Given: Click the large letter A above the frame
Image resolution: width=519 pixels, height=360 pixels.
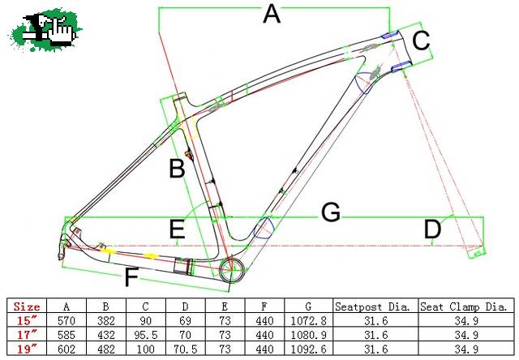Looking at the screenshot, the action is click(x=272, y=15).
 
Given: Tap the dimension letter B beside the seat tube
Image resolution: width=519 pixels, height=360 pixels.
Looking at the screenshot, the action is click(x=177, y=169).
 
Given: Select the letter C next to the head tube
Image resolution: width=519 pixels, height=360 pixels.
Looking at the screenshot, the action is click(x=421, y=41).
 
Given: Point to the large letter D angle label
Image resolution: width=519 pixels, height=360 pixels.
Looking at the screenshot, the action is click(x=432, y=229).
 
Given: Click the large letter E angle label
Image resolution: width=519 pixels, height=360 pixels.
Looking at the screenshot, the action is click(x=177, y=229).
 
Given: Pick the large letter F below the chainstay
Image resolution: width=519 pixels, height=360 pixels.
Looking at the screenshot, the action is click(x=131, y=277).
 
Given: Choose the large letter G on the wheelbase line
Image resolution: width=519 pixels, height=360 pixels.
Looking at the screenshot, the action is click(x=331, y=212).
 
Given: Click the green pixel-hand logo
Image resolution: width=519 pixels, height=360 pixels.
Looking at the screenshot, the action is click(x=45, y=30).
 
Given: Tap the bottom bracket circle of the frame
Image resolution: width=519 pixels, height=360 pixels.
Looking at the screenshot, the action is click(x=233, y=263).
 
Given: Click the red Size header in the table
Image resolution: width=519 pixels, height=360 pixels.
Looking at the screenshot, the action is click(x=27, y=306).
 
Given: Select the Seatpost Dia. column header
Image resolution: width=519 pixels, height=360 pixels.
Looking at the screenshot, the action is click(x=372, y=306).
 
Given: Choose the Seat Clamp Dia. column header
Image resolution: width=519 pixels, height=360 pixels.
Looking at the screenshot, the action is click(x=464, y=306).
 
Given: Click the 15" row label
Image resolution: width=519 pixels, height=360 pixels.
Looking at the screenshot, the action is click(x=28, y=320).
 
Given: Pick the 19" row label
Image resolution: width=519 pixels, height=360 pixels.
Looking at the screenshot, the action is click(x=28, y=349).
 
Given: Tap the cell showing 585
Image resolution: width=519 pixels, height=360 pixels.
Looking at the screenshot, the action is click(x=66, y=335).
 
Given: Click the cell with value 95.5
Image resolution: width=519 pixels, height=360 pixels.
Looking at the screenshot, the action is click(x=146, y=335).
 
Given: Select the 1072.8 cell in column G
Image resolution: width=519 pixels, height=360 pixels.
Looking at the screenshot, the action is click(x=308, y=320).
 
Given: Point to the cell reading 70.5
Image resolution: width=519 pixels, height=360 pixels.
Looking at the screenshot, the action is click(x=186, y=349).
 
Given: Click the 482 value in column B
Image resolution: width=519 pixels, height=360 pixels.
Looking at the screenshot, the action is click(x=106, y=349).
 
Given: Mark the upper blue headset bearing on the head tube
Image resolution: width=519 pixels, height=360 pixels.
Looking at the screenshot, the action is click(x=389, y=35).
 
